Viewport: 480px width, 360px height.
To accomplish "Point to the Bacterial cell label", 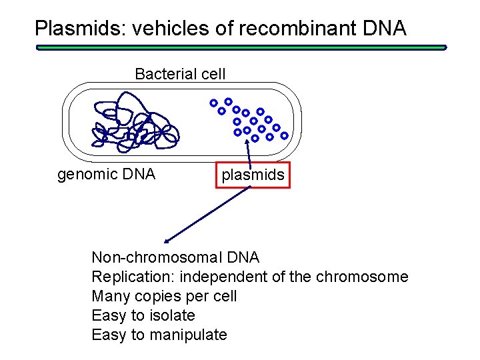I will [x=180, y=74].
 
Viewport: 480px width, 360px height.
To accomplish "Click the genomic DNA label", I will [x=107, y=175].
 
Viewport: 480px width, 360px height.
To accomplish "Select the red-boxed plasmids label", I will [x=253, y=175].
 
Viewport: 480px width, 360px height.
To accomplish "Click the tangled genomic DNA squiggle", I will [x=133, y=123].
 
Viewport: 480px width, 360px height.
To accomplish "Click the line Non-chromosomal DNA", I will [x=175, y=257].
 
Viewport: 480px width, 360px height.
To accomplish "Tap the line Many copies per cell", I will [x=164, y=296].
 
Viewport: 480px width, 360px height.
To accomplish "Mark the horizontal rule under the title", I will [x=241, y=47].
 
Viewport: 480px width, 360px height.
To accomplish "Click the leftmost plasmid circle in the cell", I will [x=213, y=103].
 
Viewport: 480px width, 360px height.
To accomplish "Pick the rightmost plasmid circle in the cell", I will [x=285, y=135].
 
